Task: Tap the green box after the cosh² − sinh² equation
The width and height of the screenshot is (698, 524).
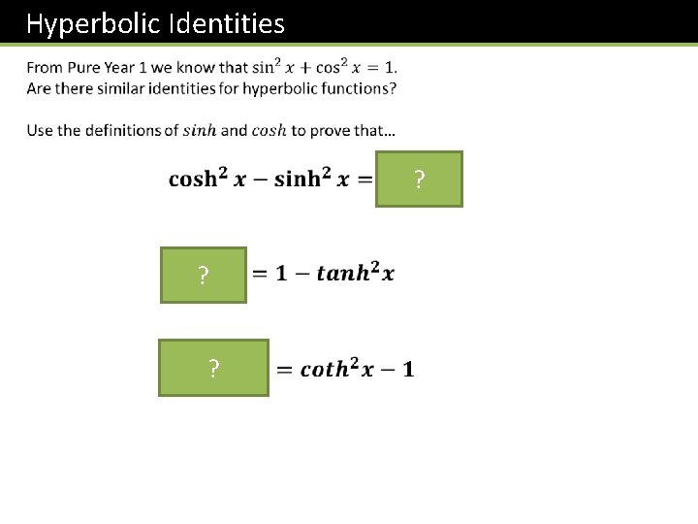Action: click(419, 180)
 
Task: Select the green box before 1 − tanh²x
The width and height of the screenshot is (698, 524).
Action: click(204, 276)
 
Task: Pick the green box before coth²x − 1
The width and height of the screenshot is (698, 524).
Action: click(213, 368)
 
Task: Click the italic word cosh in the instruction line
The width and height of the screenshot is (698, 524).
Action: click(269, 131)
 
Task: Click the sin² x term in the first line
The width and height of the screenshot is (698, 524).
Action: click(268, 67)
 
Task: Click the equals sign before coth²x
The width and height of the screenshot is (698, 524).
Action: click(285, 370)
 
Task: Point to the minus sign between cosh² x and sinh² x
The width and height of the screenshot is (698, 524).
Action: click(261, 180)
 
